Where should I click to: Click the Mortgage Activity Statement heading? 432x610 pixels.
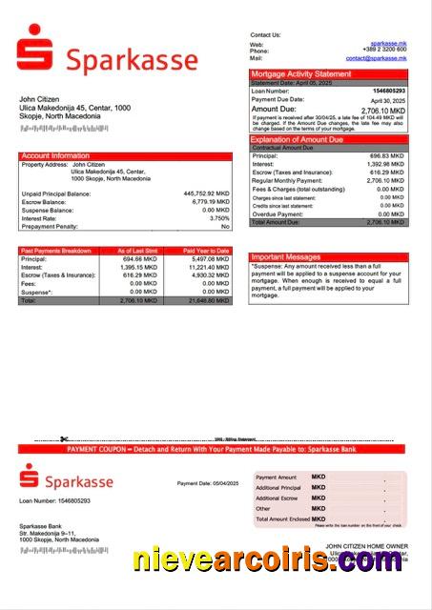pos(300,73)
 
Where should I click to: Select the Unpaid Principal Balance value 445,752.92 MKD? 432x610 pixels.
pos(206,193)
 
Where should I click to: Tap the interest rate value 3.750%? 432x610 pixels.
pos(216,218)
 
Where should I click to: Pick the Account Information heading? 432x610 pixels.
pos(55,155)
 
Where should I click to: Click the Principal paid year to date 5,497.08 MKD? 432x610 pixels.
pos(210,259)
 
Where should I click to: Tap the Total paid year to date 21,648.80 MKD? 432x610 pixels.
pos(208,300)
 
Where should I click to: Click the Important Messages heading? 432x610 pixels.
pos(286,257)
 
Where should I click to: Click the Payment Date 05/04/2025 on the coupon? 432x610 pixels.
pos(202,483)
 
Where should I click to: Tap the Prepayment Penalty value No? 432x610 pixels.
pos(225,227)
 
